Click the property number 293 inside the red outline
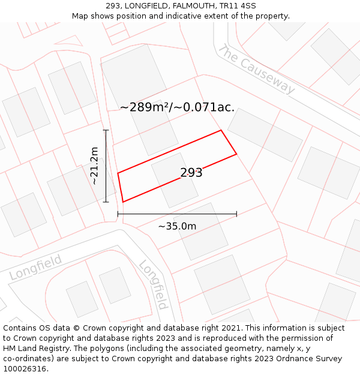(x=191, y=173)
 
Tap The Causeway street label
(x=257, y=69)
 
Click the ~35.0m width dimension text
(x=177, y=226)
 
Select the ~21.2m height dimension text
(x=94, y=166)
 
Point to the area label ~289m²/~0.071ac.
(x=177, y=107)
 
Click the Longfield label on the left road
(x=36, y=268)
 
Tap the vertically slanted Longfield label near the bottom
(x=154, y=284)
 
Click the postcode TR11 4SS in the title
(x=239, y=6)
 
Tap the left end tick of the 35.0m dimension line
(x=118, y=214)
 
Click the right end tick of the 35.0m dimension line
(x=236, y=214)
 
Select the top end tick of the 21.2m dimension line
(x=106, y=130)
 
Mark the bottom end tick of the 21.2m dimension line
(x=106, y=202)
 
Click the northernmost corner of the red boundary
(x=221, y=130)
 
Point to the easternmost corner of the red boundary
(x=236, y=154)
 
